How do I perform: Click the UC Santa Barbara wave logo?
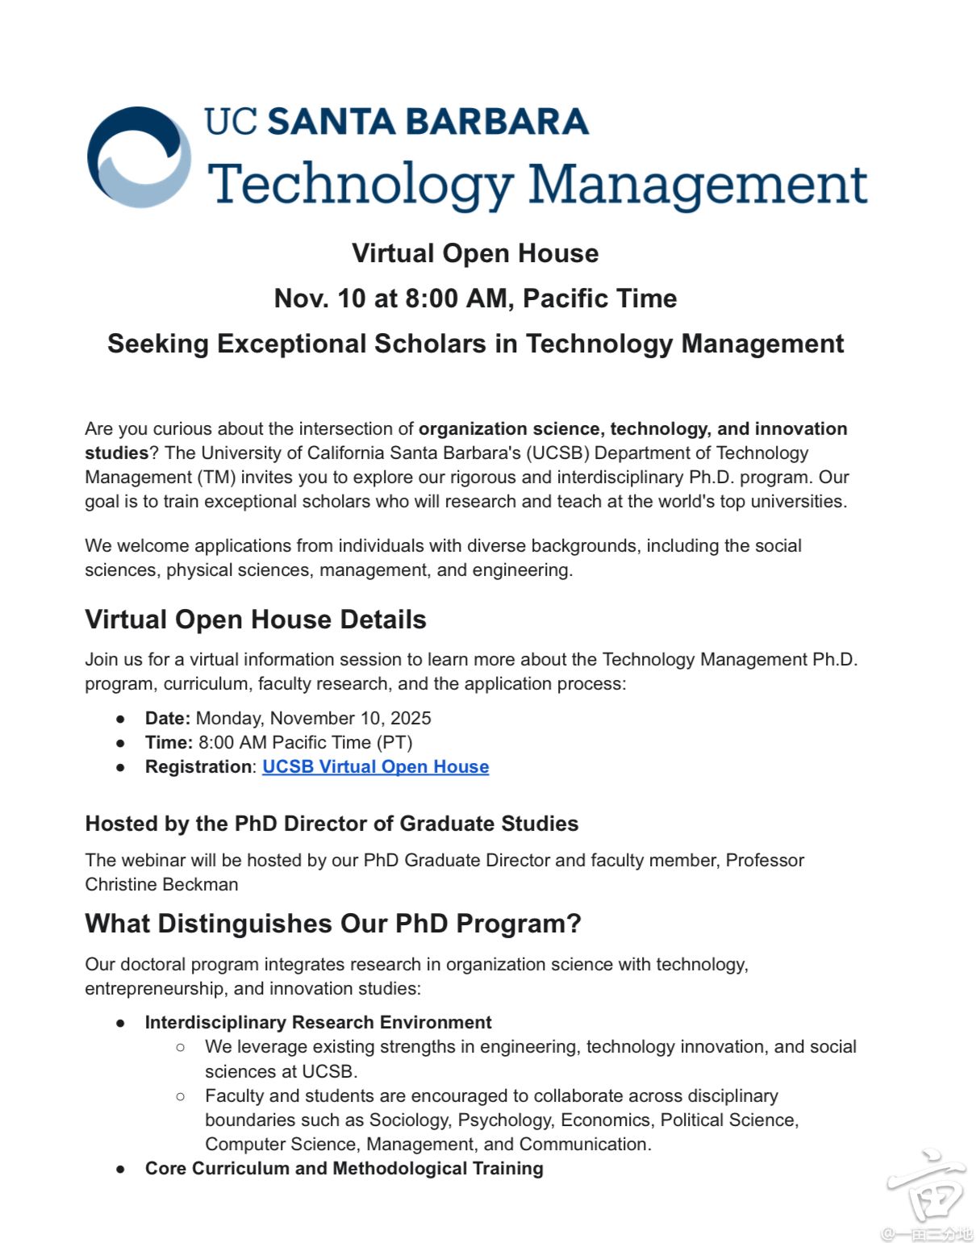pos(139,157)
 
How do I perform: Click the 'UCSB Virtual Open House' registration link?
pos(375,767)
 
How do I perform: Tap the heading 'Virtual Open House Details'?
pos(255,619)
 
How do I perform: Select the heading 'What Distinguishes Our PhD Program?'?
pos(332,924)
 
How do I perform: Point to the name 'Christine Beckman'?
pos(161,885)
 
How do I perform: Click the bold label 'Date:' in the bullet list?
pos(167,719)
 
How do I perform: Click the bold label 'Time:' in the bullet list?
pos(169,743)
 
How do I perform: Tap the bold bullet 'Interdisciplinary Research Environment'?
pos(318,1023)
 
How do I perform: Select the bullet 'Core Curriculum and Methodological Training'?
pos(344,1169)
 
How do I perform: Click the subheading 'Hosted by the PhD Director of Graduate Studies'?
pos(332,824)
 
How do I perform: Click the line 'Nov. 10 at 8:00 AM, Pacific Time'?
pos(475,298)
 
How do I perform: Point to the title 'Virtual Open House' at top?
pos(475,253)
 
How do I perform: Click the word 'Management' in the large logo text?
pos(697,184)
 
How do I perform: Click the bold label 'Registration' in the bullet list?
pos(198,767)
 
